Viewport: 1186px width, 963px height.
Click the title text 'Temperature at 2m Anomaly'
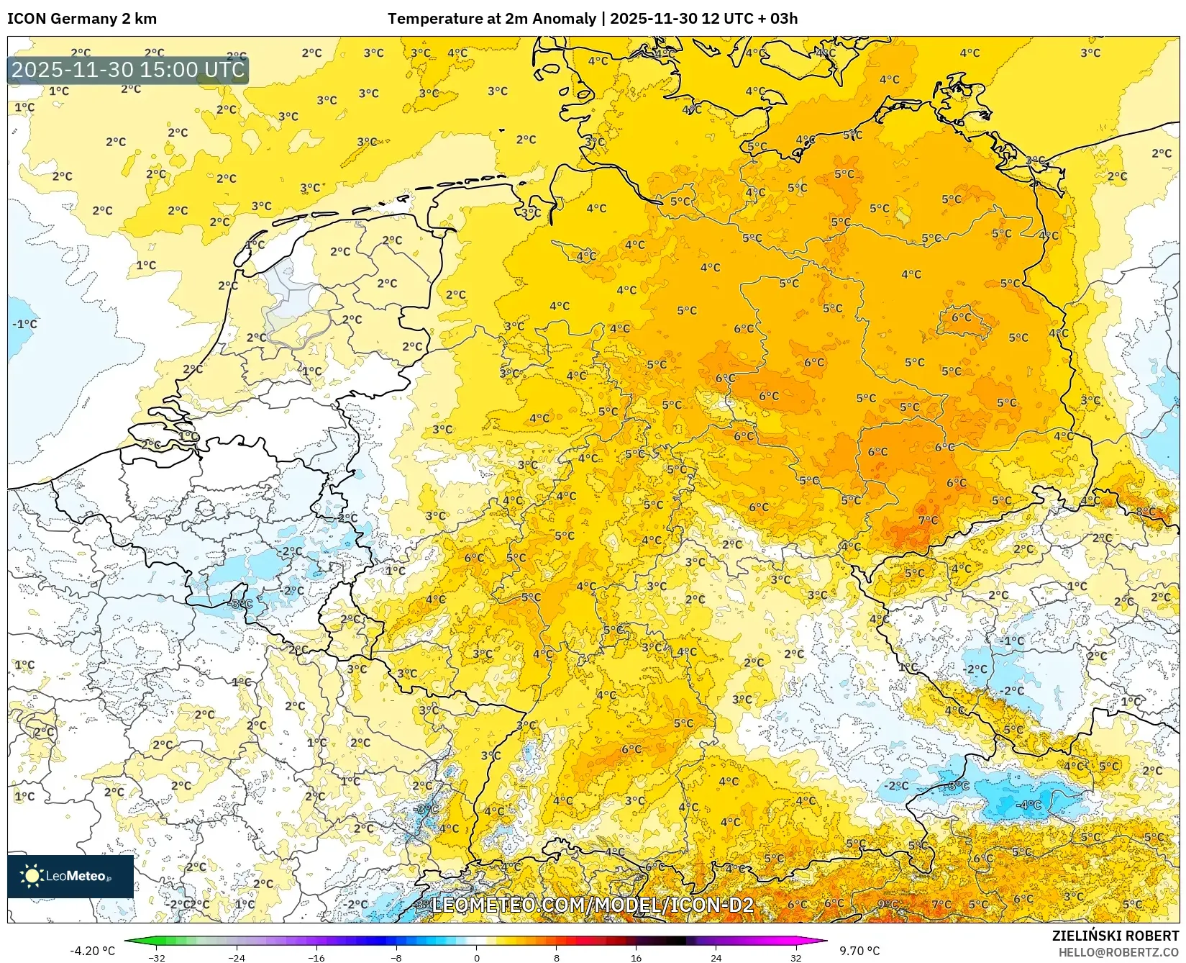pyautogui.click(x=493, y=19)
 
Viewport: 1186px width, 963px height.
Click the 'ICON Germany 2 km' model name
pyautogui.click(x=82, y=19)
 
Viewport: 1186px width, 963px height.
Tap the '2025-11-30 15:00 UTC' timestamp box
pyautogui.click(x=128, y=70)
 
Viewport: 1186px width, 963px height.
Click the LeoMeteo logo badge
pyautogui.click(x=70, y=876)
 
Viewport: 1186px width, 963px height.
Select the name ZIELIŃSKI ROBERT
pyautogui.click(x=1116, y=936)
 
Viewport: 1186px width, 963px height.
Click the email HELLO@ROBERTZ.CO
pyautogui.click(x=1118, y=952)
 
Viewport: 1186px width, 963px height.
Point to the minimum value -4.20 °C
pyautogui.click(x=92, y=951)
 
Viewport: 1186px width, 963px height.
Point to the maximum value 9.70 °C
pyautogui.click(x=859, y=951)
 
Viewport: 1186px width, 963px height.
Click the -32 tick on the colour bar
pyautogui.click(x=157, y=957)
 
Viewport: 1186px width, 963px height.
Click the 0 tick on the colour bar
pyautogui.click(x=476, y=957)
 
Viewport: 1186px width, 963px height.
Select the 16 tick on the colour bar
pyautogui.click(x=636, y=957)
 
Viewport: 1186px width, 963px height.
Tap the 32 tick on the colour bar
pyautogui.click(x=795, y=957)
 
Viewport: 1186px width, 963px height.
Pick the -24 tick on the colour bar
pyautogui.click(x=237, y=957)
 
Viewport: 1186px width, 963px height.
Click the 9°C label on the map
pyautogui.click(x=888, y=904)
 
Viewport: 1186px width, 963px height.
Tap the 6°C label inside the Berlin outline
pyautogui.click(x=961, y=317)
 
